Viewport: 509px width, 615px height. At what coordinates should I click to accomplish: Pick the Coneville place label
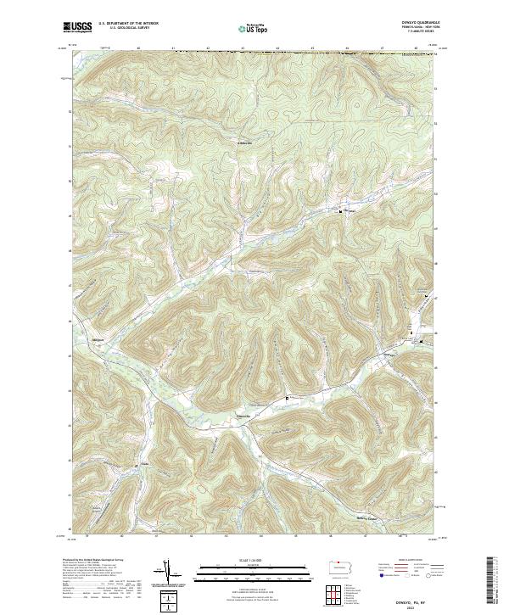pos(243,416)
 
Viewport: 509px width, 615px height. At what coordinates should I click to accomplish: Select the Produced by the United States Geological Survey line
pos(93,560)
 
